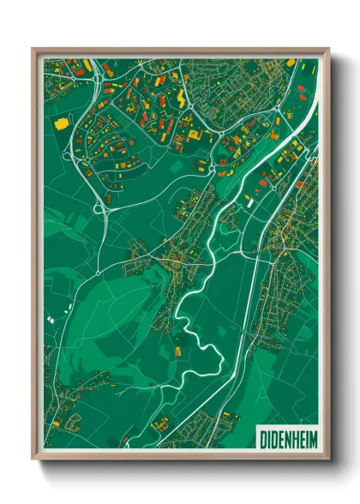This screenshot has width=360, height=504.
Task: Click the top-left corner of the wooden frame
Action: click(33, 49)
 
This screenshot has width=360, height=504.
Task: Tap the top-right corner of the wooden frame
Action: click(328, 49)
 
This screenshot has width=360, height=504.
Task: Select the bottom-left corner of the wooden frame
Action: click(33, 459)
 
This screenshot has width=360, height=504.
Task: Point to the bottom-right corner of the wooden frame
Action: click(328, 459)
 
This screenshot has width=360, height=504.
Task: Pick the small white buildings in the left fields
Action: click(51, 319)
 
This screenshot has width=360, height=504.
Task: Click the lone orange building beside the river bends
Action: click(178, 351)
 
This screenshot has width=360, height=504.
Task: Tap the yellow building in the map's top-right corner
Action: click(291, 63)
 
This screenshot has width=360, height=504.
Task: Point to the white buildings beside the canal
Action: click(248, 200)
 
